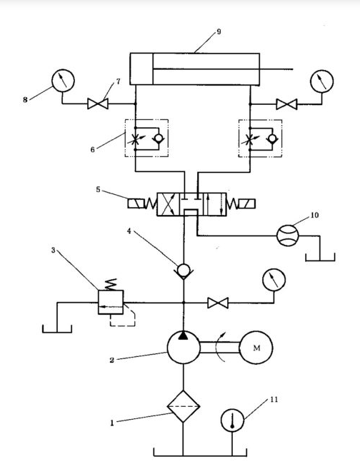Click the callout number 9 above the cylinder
tap(219, 31)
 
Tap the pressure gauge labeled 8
tap(63, 81)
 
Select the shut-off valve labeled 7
tap(98, 104)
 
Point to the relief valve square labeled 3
tap(111, 302)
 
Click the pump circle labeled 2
tap(184, 347)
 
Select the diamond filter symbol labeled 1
tap(183, 406)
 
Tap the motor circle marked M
tap(256, 347)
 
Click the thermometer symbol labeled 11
tap(233, 420)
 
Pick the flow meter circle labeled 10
tap(288, 236)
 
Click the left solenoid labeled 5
tap(136, 203)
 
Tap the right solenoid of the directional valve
tap(247, 203)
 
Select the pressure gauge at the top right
tap(321, 81)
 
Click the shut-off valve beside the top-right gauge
tap(286, 104)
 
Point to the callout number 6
tap(92, 150)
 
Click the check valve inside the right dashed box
tap(272, 138)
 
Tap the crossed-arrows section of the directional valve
tap(169, 204)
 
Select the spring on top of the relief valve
tap(111, 284)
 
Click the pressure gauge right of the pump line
tap(274, 280)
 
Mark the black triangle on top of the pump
tap(184, 336)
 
